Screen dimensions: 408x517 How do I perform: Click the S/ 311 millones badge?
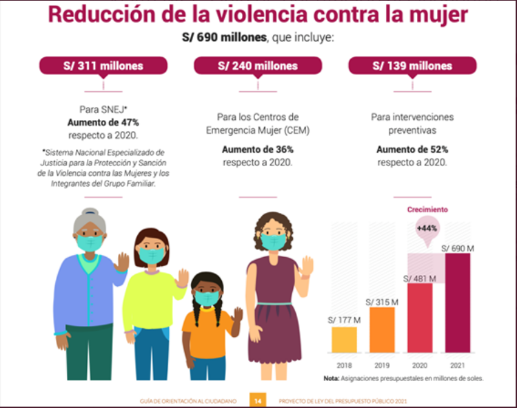pos(103,66)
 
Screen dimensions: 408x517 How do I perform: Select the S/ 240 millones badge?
pos(258,66)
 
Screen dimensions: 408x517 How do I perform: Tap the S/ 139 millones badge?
pos(412,66)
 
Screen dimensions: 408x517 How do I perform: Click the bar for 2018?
pos(344,340)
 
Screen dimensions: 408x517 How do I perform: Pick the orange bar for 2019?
pos(383,329)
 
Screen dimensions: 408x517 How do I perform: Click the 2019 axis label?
pos(383,363)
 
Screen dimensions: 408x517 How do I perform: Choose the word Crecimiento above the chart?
pos(427,210)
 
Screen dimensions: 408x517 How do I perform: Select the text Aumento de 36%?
pos(258,150)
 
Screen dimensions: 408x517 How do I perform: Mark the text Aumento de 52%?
pos(412,150)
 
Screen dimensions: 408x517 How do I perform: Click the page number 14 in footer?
pos(256,399)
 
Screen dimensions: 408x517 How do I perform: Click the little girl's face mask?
pos(206,298)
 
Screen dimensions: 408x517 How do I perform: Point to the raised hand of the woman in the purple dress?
pos(306,265)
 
